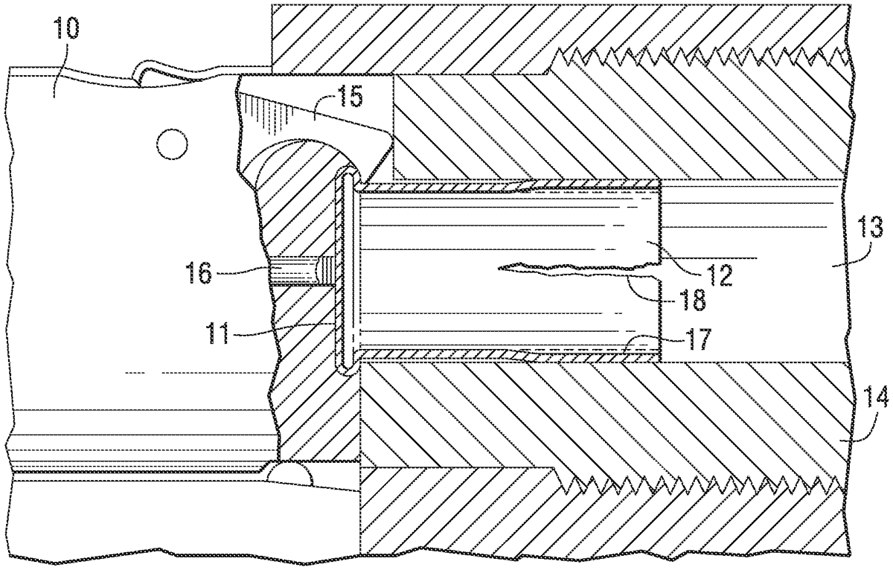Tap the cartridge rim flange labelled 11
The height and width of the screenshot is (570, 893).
(344, 275)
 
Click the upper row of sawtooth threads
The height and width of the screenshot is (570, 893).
(700, 57)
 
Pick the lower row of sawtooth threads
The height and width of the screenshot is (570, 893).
(700, 484)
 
